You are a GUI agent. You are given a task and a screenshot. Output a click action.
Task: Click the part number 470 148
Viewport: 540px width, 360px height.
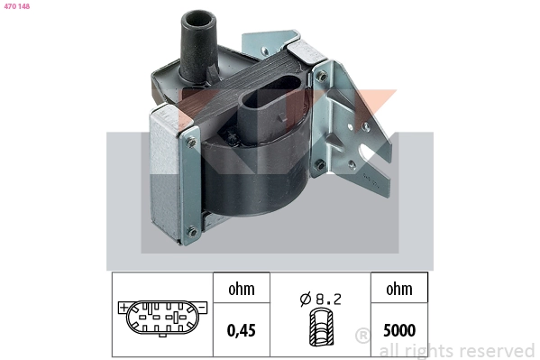coord(17,6)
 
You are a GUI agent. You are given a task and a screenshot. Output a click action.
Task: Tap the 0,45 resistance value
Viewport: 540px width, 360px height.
coord(242,330)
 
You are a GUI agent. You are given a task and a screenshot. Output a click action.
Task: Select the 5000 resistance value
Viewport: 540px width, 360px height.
coord(399,330)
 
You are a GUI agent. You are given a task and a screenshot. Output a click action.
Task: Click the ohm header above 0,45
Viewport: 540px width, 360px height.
coord(242,289)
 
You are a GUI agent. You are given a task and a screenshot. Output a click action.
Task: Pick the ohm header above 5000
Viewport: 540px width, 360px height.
coord(399,289)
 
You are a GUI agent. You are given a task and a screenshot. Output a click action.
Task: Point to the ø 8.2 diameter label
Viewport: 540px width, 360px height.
coord(321,299)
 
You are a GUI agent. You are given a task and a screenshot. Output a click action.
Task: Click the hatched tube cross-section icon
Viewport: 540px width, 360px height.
coord(321,327)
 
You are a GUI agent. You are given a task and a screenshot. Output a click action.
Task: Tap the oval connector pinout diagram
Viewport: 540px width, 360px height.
coord(162,318)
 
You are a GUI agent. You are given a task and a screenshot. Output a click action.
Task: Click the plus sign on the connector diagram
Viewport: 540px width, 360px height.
coord(123,307)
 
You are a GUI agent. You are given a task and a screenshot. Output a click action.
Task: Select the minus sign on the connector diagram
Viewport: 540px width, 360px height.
coord(203,307)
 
